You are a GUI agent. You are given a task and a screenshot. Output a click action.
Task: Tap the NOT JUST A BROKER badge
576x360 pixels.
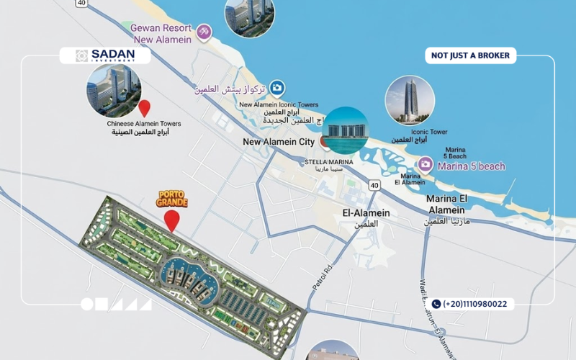(471, 55)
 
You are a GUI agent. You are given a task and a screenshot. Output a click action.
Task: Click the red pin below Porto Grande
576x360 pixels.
(171, 220)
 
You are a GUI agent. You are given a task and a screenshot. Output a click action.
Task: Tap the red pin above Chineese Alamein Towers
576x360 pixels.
(144, 108)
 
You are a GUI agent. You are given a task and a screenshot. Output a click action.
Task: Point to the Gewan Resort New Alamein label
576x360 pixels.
(161, 34)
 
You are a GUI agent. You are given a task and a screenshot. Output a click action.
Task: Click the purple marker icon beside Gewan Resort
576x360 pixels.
(204, 32)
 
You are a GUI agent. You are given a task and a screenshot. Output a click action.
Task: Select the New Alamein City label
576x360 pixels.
(279, 142)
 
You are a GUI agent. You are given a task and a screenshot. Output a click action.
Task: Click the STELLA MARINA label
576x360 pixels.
(329, 162)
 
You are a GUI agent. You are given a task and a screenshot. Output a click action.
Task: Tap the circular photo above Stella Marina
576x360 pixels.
(344, 130)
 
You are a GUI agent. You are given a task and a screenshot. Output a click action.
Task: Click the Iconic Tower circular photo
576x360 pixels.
(410, 100)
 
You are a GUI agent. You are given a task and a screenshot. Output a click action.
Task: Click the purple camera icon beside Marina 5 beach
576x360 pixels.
(426, 166)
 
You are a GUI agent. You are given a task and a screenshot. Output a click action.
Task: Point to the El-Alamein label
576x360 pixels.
(366, 213)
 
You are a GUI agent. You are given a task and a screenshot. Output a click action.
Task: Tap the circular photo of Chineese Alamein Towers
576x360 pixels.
(114, 90)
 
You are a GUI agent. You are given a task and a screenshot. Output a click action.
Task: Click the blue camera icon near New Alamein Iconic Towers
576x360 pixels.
(277, 88)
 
